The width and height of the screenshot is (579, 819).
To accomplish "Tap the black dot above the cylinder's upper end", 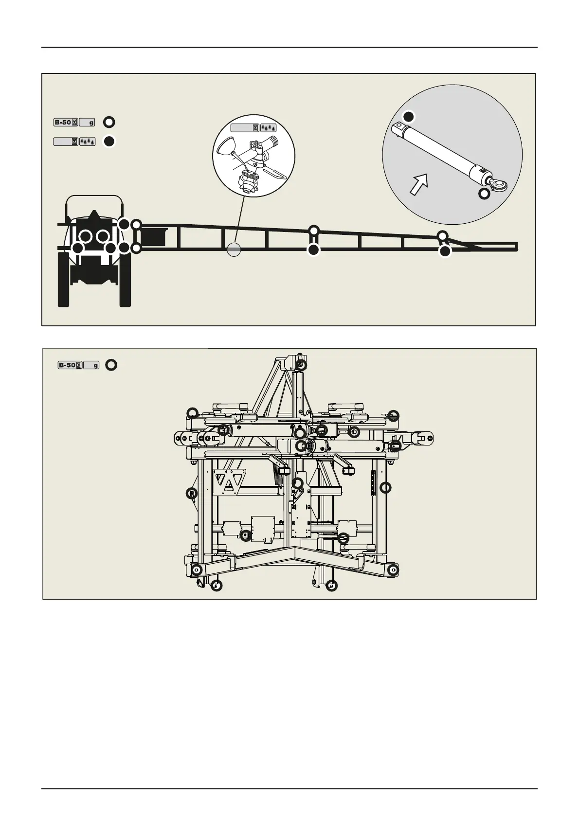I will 409,116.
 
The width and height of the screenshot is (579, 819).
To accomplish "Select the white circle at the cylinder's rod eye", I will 484,194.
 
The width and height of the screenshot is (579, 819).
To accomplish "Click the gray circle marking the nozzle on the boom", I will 234,249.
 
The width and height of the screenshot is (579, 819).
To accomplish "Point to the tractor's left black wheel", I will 63,280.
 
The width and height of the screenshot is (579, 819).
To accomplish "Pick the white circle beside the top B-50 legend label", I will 109,122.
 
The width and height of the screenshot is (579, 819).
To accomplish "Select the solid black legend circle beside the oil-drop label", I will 109,142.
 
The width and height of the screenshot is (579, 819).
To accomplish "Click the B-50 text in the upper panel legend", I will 63,122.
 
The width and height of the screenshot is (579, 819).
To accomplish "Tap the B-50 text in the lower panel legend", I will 67,365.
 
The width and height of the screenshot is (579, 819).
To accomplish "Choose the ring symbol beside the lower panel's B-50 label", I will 111,365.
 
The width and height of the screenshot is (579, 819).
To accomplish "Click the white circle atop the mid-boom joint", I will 314,230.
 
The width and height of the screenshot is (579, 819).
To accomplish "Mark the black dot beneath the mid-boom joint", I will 314,250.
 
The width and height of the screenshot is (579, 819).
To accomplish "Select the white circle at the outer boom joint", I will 442,235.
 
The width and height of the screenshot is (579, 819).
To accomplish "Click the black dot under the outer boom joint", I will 445,251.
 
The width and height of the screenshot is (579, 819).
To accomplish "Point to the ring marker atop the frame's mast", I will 301,364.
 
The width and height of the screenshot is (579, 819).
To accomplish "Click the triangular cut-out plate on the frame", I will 228,482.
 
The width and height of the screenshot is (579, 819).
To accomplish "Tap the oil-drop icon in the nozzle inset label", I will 269,128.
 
